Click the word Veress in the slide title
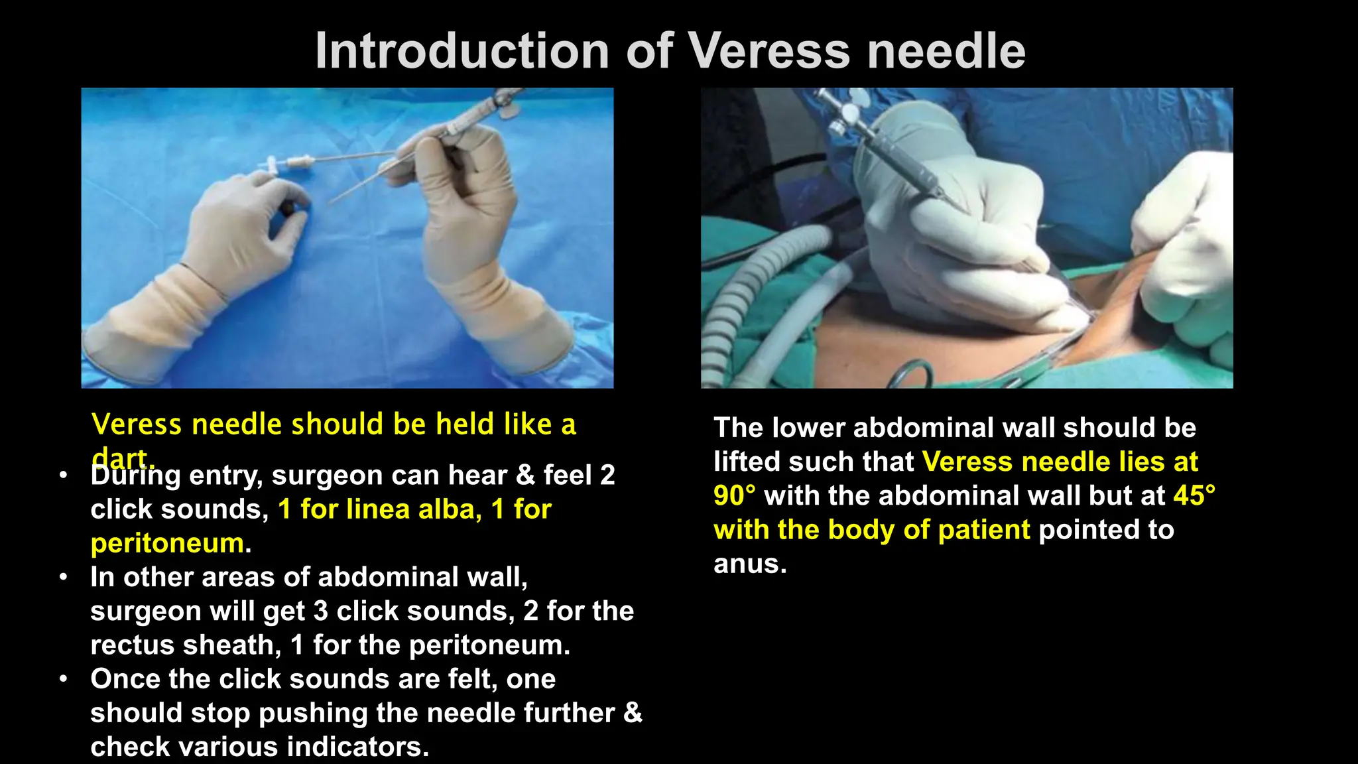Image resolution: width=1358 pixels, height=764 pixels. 768,51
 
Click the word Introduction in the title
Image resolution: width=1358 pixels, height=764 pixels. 462,51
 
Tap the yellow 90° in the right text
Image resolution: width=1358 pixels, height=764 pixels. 734,496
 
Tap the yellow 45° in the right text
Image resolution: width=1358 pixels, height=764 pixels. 1194,496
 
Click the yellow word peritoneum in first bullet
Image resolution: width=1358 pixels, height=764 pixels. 167,544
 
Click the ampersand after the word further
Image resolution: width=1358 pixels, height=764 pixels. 633,713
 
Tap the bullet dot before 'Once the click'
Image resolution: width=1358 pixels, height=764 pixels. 63,679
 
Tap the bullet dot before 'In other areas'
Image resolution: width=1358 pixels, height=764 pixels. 63,577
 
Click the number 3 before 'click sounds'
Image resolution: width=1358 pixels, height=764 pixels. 320,611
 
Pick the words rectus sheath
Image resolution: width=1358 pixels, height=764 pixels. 181,645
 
